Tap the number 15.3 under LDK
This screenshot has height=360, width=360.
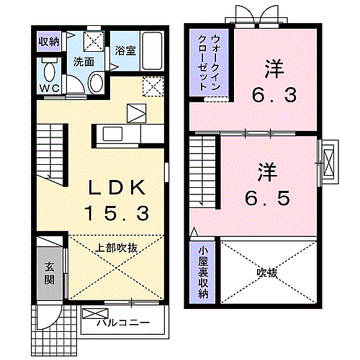coord(117,213)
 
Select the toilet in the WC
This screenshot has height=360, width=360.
coord(50,73)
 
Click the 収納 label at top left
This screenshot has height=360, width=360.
coord(49,41)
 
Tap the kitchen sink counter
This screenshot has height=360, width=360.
coord(117,134)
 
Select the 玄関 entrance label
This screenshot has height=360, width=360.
coord(49,272)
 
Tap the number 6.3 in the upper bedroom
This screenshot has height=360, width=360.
coord(273,94)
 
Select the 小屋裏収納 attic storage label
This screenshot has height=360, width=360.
coord(203,272)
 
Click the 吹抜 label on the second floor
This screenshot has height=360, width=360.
coord(267,273)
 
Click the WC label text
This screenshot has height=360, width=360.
coord(49,89)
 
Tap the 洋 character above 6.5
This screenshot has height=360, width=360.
coord(267,171)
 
